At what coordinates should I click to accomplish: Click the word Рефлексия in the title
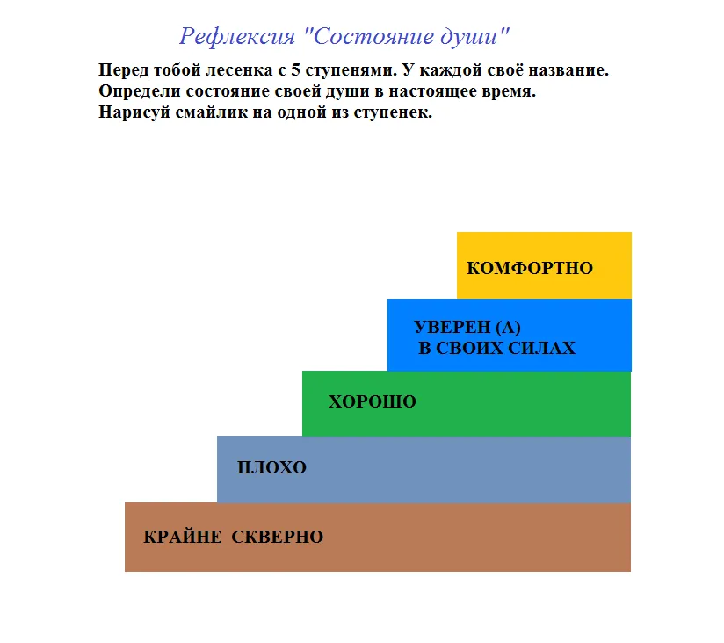tap(237, 37)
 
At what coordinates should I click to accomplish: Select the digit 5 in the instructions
tap(295, 70)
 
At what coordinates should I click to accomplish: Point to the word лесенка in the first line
tap(239, 70)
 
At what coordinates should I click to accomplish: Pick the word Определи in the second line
tap(140, 91)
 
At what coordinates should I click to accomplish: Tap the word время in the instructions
tap(509, 91)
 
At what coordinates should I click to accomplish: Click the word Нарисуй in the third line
tap(134, 112)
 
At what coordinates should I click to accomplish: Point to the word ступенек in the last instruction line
tap(393, 112)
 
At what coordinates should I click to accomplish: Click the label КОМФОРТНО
tap(530, 268)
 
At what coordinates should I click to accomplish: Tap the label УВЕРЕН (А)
tap(467, 328)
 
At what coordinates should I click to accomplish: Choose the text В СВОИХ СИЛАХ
tap(496, 348)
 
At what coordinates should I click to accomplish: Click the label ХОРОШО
tap(373, 401)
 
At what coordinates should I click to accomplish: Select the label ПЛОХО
tap(271, 467)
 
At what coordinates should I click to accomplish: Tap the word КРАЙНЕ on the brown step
tap(183, 537)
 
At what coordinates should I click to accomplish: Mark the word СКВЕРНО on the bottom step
tap(277, 537)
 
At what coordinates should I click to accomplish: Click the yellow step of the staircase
tap(545, 265)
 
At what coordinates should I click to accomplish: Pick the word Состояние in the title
tap(373, 37)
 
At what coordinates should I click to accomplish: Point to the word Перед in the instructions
tap(123, 70)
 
